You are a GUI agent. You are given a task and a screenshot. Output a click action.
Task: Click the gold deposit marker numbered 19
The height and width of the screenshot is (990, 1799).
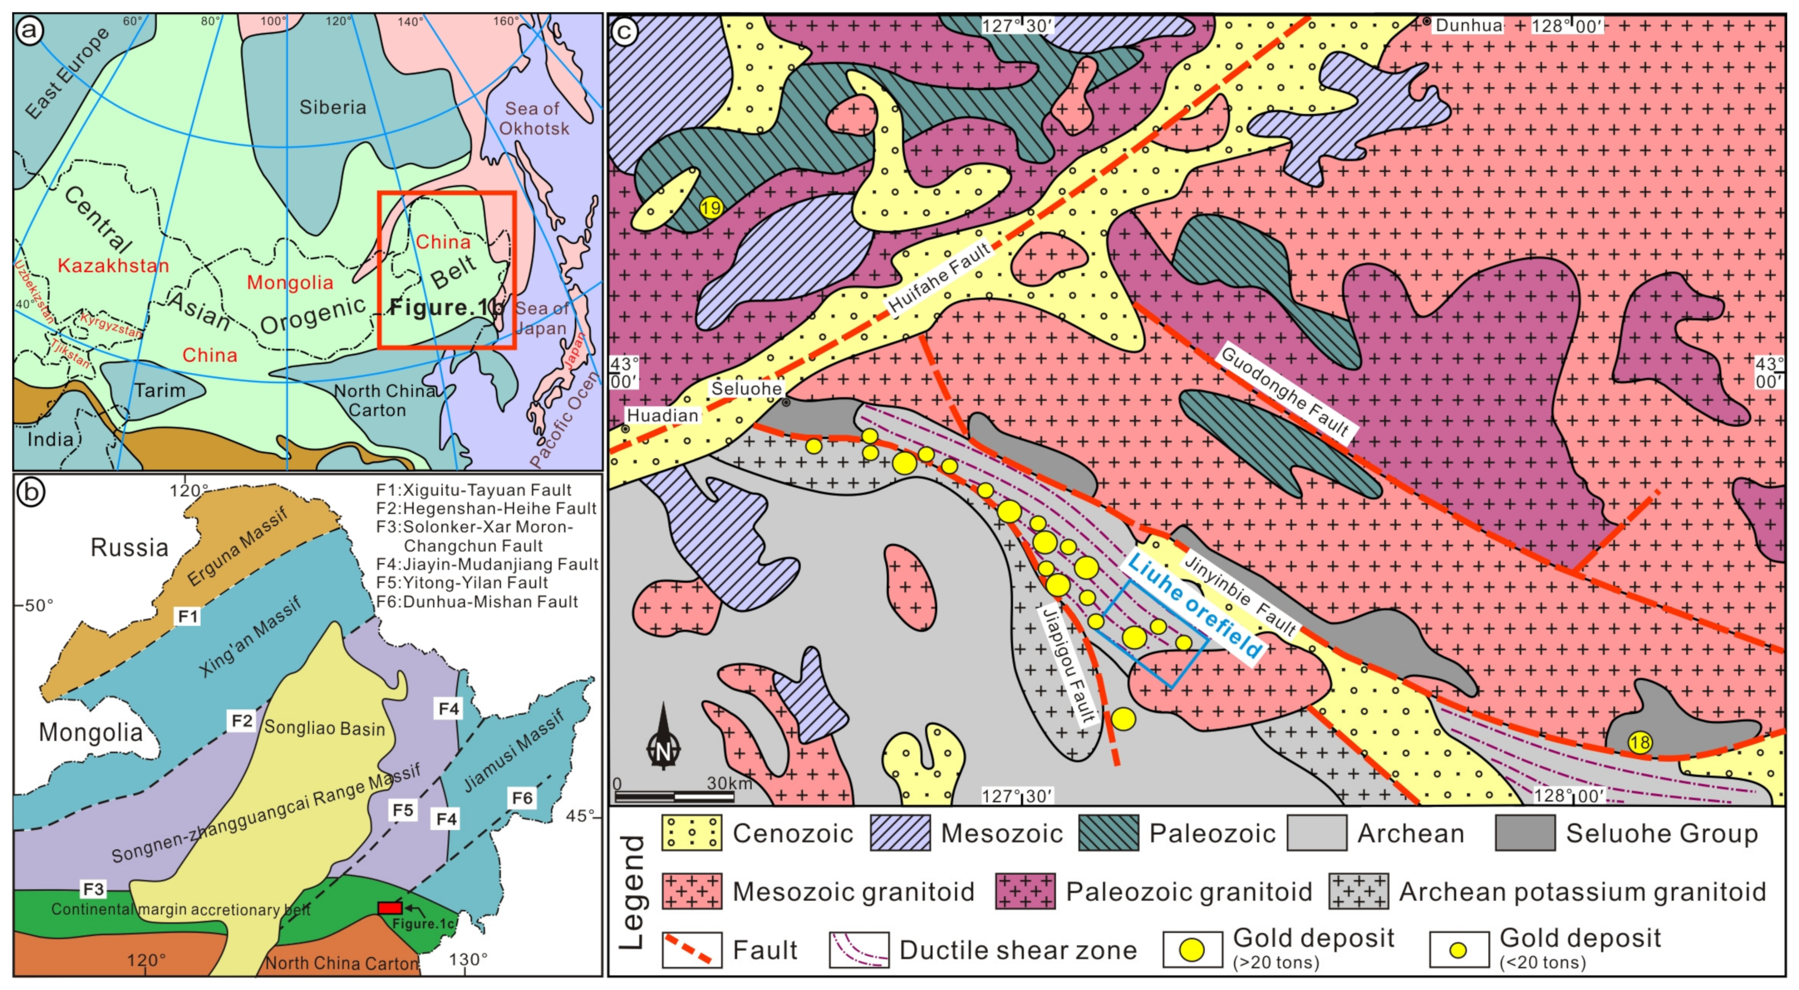tap(710, 208)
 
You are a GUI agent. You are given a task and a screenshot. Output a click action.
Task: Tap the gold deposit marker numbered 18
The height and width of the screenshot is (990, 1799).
tap(1639, 742)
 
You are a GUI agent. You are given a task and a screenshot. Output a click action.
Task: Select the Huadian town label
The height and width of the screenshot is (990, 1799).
tap(662, 416)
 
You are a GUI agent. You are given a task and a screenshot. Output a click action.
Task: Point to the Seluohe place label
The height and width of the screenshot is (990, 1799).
tap(746, 388)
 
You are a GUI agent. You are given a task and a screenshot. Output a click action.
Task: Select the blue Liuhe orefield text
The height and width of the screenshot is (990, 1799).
tap(1196, 606)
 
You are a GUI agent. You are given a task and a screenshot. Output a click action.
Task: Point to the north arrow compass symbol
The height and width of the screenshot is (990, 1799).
tap(662, 739)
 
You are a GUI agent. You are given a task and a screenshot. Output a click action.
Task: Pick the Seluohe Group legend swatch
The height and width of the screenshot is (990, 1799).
tap(1525, 833)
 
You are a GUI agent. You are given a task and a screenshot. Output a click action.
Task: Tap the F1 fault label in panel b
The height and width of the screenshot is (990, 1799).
tap(188, 616)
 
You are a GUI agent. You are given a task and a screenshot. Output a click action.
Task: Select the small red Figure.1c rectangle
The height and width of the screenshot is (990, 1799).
tap(390, 908)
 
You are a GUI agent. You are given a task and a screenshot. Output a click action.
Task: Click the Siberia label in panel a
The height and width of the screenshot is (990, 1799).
tap(333, 107)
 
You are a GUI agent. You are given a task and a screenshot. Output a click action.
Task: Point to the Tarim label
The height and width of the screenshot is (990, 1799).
tap(160, 390)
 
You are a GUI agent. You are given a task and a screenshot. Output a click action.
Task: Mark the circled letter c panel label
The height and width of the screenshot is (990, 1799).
tap(624, 31)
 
